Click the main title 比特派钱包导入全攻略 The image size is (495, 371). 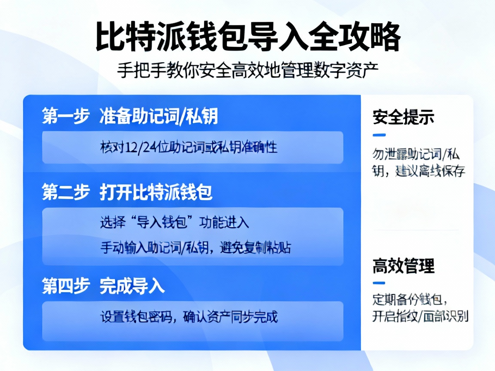(247, 37)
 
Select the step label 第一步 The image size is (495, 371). (66, 116)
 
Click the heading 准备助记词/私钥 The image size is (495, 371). (159, 116)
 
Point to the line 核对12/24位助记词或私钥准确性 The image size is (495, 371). (189, 147)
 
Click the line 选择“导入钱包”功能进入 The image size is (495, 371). (174, 222)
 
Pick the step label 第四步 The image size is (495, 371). (66, 286)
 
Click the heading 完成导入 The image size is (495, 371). (132, 286)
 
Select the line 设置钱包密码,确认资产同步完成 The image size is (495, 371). (189, 317)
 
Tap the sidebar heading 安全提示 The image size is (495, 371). (403, 117)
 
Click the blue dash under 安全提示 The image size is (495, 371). (379, 135)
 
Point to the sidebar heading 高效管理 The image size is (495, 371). (403, 266)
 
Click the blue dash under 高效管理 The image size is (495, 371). (379, 283)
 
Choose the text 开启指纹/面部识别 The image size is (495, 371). (420, 316)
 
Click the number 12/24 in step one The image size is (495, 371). (139, 148)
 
